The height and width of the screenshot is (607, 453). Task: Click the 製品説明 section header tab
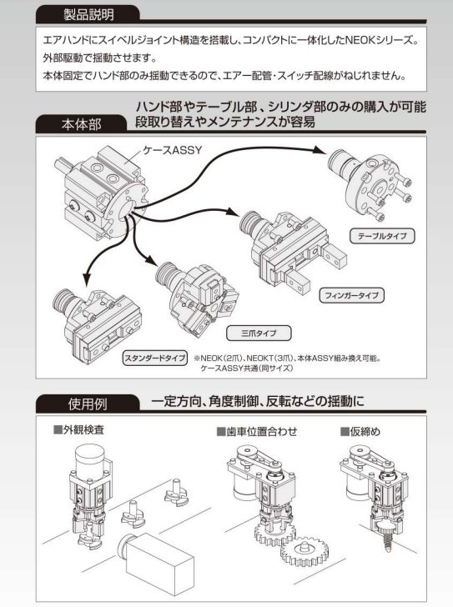(88, 15)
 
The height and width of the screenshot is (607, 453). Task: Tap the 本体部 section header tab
(81, 125)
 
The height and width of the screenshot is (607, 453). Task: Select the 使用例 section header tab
(88, 404)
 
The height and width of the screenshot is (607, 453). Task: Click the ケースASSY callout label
(173, 150)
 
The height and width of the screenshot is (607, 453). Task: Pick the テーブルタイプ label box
(382, 236)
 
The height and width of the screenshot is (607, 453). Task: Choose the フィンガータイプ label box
(351, 295)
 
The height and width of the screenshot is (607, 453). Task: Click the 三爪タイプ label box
(259, 333)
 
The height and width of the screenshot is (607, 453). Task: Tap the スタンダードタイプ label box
(155, 358)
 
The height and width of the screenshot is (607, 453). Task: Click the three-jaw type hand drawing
(197, 295)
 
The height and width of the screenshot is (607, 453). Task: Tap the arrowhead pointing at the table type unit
(320, 151)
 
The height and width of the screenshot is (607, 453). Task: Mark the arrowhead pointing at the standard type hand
(86, 279)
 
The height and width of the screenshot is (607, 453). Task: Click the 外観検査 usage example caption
(79, 429)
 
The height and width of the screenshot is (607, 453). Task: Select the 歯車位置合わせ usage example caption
(257, 431)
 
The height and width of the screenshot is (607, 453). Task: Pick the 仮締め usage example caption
(360, 431)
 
